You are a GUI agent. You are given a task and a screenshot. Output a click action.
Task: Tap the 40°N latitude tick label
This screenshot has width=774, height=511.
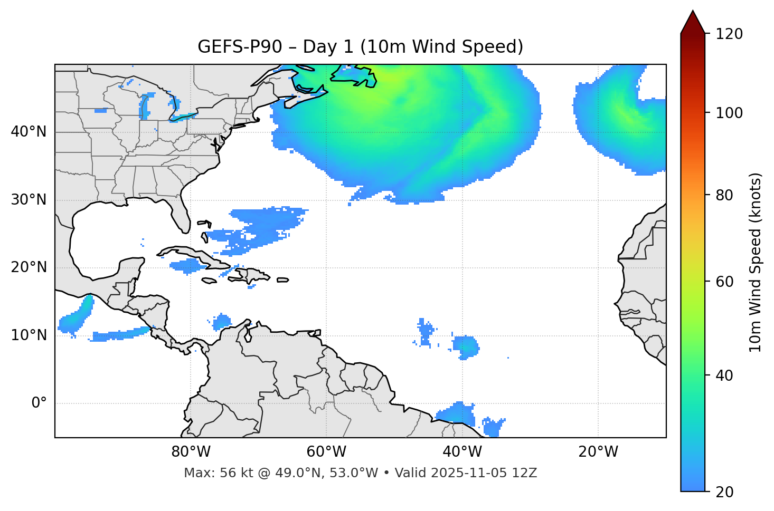[29, 132]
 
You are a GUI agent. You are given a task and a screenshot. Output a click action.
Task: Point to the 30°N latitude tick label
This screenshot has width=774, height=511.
[29, 200]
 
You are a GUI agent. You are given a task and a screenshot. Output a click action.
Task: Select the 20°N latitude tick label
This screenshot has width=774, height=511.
[29, 267]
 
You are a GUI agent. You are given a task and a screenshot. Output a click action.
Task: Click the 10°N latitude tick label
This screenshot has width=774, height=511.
[29, 335]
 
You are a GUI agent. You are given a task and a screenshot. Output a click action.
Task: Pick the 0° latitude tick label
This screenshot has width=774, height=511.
[39, 403]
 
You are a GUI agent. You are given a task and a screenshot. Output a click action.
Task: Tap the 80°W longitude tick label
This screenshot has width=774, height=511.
[191, 452]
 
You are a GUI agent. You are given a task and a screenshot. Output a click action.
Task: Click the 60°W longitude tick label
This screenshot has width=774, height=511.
[326, 452]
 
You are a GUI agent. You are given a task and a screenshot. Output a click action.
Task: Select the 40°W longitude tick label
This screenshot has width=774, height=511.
[462, 452]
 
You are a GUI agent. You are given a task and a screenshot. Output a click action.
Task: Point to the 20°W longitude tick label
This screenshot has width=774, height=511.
[598, 452]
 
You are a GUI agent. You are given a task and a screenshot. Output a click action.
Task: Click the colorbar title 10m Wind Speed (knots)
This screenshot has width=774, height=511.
[756, 262]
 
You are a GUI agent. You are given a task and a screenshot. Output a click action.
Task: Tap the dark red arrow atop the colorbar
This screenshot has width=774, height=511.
[693, 23]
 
